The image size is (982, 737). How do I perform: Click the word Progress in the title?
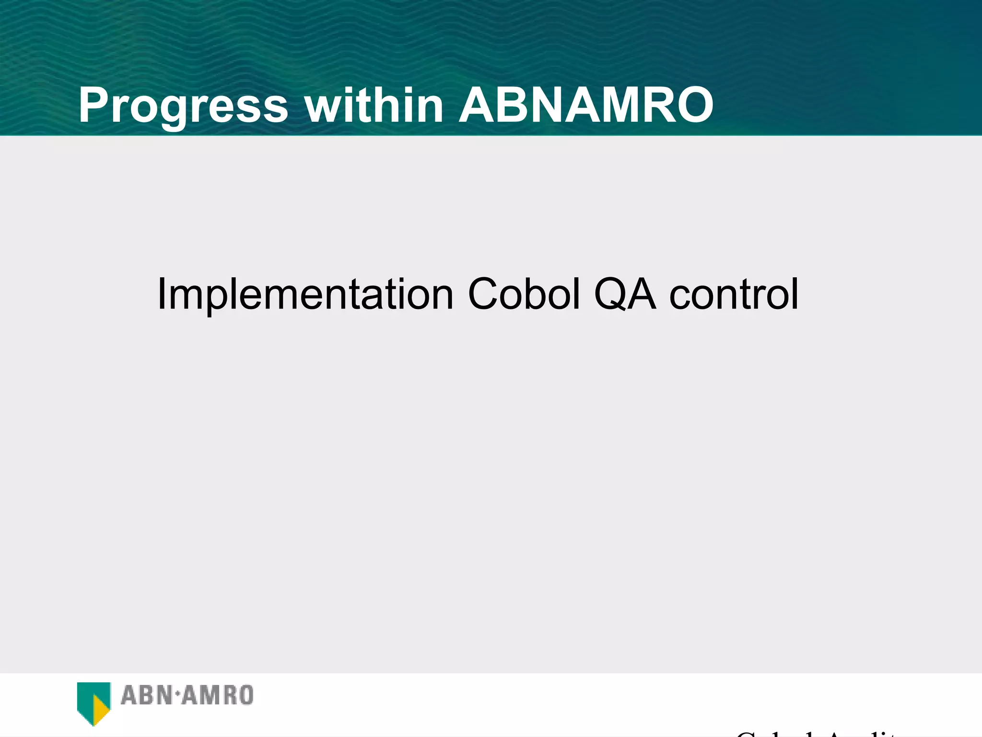coord(183,106)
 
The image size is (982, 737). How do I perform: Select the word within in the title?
coord(374,106)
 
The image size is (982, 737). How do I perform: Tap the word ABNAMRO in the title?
coord(586,106)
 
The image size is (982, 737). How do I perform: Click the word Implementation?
coord(305,294)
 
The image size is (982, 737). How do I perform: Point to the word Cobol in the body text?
coord(524,294)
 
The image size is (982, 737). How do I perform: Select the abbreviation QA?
coord(624,294)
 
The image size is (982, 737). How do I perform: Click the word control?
coord(734,294)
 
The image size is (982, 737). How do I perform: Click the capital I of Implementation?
coord(161,294)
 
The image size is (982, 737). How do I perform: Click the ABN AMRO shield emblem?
coord(94,701)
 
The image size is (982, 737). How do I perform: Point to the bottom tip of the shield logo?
coord(94,725)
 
